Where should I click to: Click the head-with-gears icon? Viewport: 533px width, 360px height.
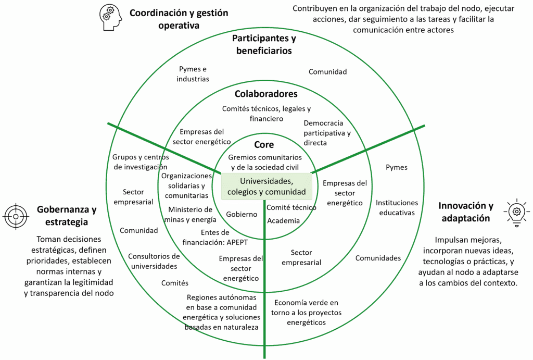110,18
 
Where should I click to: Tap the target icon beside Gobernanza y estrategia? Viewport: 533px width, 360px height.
16,216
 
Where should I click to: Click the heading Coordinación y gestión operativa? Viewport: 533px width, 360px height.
179,19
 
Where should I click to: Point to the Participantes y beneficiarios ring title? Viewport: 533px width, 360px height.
264,45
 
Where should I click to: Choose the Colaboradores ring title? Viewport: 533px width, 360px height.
266,94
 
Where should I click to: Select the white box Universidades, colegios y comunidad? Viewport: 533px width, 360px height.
266,187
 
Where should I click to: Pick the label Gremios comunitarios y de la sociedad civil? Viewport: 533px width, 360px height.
264,162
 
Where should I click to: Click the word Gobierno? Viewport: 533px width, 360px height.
242,214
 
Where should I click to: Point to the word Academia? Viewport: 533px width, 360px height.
283,220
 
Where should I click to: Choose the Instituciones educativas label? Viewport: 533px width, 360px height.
397,207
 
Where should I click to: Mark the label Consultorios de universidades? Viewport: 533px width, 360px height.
154,262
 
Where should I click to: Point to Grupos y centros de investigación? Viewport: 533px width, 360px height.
139,162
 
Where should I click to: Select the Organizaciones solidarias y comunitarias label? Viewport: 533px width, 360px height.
186,186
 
